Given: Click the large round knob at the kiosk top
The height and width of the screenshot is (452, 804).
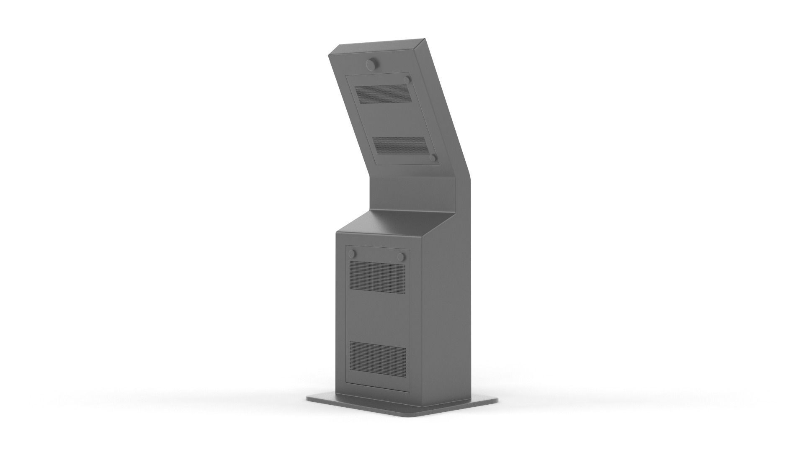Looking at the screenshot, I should point(371,64).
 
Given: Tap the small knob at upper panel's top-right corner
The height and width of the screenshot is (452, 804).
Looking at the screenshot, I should point(407,80).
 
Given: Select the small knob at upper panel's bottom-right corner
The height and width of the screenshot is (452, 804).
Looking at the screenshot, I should point(433,158).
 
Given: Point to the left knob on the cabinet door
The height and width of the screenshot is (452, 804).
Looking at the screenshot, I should point(353,254).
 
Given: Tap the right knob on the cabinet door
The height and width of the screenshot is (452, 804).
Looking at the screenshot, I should point(402,256).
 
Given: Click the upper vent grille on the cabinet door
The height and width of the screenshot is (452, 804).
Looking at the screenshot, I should point(377,276).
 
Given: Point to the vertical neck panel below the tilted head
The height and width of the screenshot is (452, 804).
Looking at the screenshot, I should point(412,195).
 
